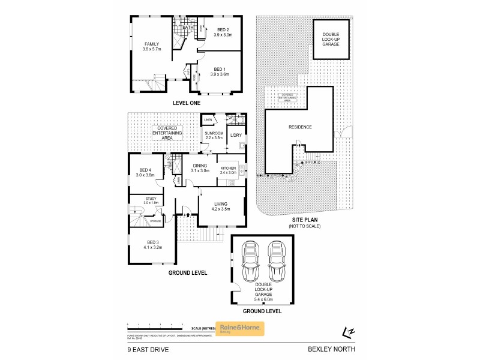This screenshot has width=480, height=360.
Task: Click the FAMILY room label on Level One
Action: tap(150, 44)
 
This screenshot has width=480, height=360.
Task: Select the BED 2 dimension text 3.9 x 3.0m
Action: tap(222, 35)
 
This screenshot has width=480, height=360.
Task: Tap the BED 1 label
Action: tap(219, 68)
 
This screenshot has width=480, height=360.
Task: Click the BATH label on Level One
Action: tap(187, 27)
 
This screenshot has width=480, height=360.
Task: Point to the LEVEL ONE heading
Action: tap(186, 103)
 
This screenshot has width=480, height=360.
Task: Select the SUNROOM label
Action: tap(213, 133)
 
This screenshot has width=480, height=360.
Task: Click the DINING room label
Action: tap(199, 166)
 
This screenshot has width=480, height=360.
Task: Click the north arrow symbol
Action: tap(347, 331)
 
